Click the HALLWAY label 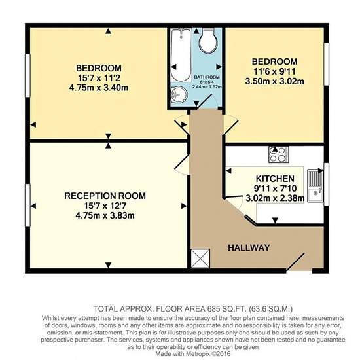249,247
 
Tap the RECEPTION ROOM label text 105,196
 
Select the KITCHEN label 275,179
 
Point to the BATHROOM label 207,77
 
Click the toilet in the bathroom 208,41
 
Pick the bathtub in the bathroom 181,55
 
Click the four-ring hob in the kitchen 279,154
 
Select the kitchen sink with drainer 315,185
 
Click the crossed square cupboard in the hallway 200,259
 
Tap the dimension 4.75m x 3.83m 105,216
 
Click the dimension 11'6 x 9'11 275,71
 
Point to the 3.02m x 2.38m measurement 275,198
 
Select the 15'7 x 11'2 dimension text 99,78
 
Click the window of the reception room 27,205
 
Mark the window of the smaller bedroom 326,64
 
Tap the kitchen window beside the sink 326,185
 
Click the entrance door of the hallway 295,262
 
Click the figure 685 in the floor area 214,309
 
